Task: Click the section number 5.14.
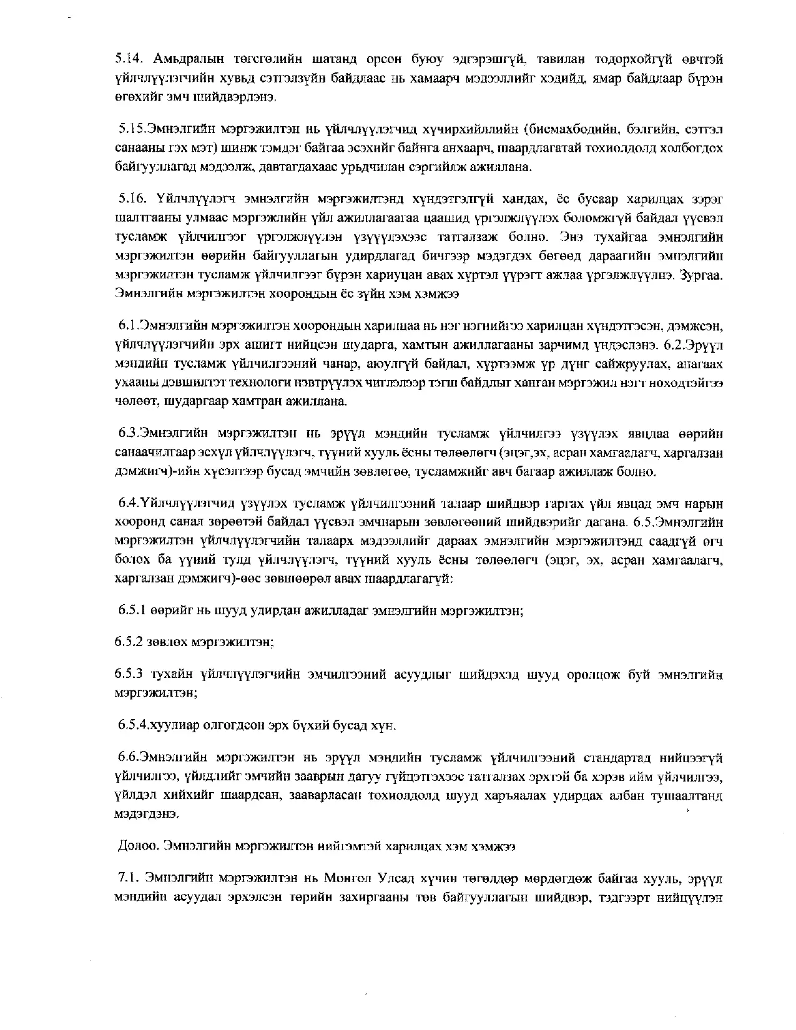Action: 129,59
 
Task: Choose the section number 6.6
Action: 129,758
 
